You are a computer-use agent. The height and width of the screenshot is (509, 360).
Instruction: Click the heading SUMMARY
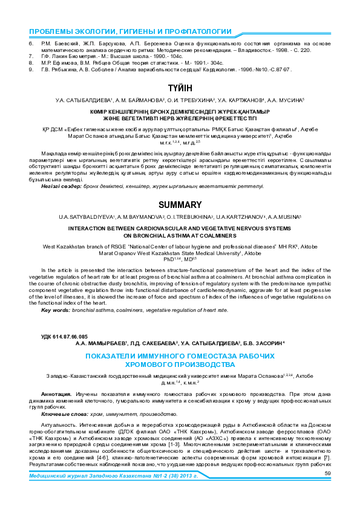point(180,205)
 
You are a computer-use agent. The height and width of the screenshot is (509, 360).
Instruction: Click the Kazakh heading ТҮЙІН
point(180,88)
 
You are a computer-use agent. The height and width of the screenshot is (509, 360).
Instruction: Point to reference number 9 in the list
point(31,70)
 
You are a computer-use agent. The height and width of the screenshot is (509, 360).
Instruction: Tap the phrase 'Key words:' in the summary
point(54,310)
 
